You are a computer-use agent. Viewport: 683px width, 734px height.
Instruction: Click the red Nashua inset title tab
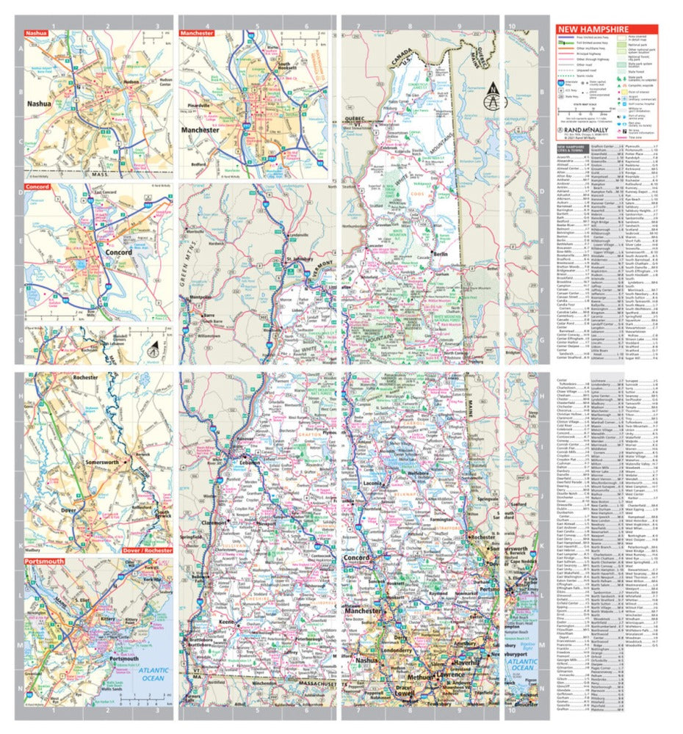36,33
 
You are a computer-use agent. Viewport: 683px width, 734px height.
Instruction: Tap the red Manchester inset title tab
197,33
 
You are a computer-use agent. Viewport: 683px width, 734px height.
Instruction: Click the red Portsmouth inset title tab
44,561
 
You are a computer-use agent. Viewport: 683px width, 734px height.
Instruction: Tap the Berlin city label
441,253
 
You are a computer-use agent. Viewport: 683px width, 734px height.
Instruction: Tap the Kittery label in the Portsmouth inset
108,620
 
